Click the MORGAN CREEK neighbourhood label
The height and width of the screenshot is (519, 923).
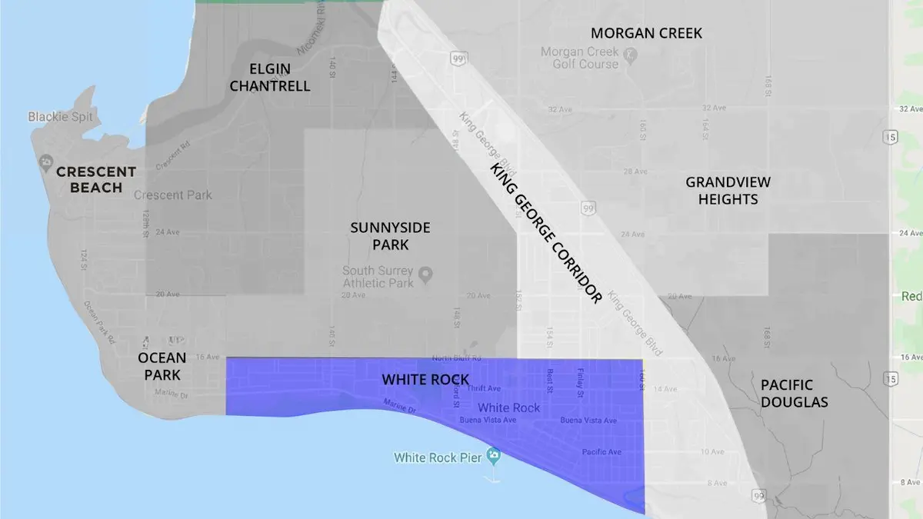[646, 33]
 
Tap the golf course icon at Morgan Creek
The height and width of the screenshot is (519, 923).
[630, 55]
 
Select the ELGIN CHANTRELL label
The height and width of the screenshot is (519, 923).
[269, 76]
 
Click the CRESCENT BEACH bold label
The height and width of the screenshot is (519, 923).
[96, 180]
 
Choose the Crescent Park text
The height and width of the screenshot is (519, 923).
[173, 195]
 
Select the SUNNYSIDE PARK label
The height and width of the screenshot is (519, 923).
[390, 236]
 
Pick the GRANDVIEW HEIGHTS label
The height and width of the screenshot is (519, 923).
[728, 191]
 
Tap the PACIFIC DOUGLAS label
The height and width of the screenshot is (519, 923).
[794, 393]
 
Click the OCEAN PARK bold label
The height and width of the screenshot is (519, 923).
[162, 366]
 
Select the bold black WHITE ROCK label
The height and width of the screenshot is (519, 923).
[425, 380]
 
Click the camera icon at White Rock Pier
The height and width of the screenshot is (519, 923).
[494, 457]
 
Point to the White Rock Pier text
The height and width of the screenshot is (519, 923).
[437, 457]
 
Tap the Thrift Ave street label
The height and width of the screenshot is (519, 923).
[483, 389]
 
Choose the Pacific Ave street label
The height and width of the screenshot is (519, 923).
[601, 452]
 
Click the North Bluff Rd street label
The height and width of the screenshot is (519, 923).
[456, 358]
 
